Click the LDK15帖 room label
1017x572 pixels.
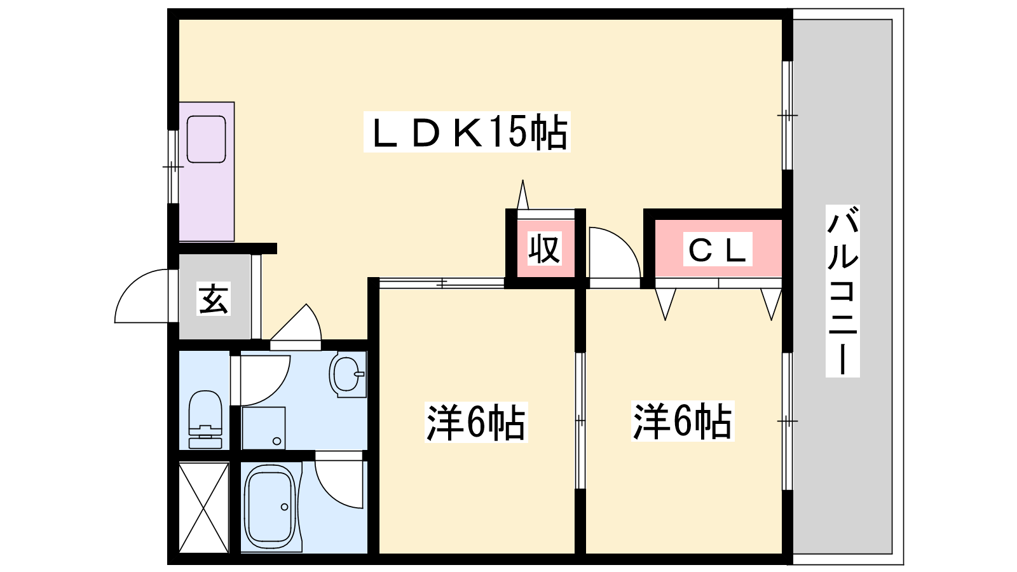[467, 132]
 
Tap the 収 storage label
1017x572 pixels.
[545, 249]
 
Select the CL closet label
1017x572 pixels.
[718, 249]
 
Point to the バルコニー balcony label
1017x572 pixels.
[843, 291]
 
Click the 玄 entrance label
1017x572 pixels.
[214, 299]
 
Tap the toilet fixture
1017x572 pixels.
[205, 419]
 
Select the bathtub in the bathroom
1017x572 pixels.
[270, 508]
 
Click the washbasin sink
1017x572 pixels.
[348, 375]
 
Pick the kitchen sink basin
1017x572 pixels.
[206, 139]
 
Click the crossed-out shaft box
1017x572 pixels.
[204, 507]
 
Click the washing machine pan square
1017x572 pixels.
[263, 428]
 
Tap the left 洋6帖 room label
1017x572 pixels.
[476, 422]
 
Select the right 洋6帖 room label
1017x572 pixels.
[683, 421]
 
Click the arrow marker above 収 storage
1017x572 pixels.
[523, 194]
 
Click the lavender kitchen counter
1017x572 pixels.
[207, 172]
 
